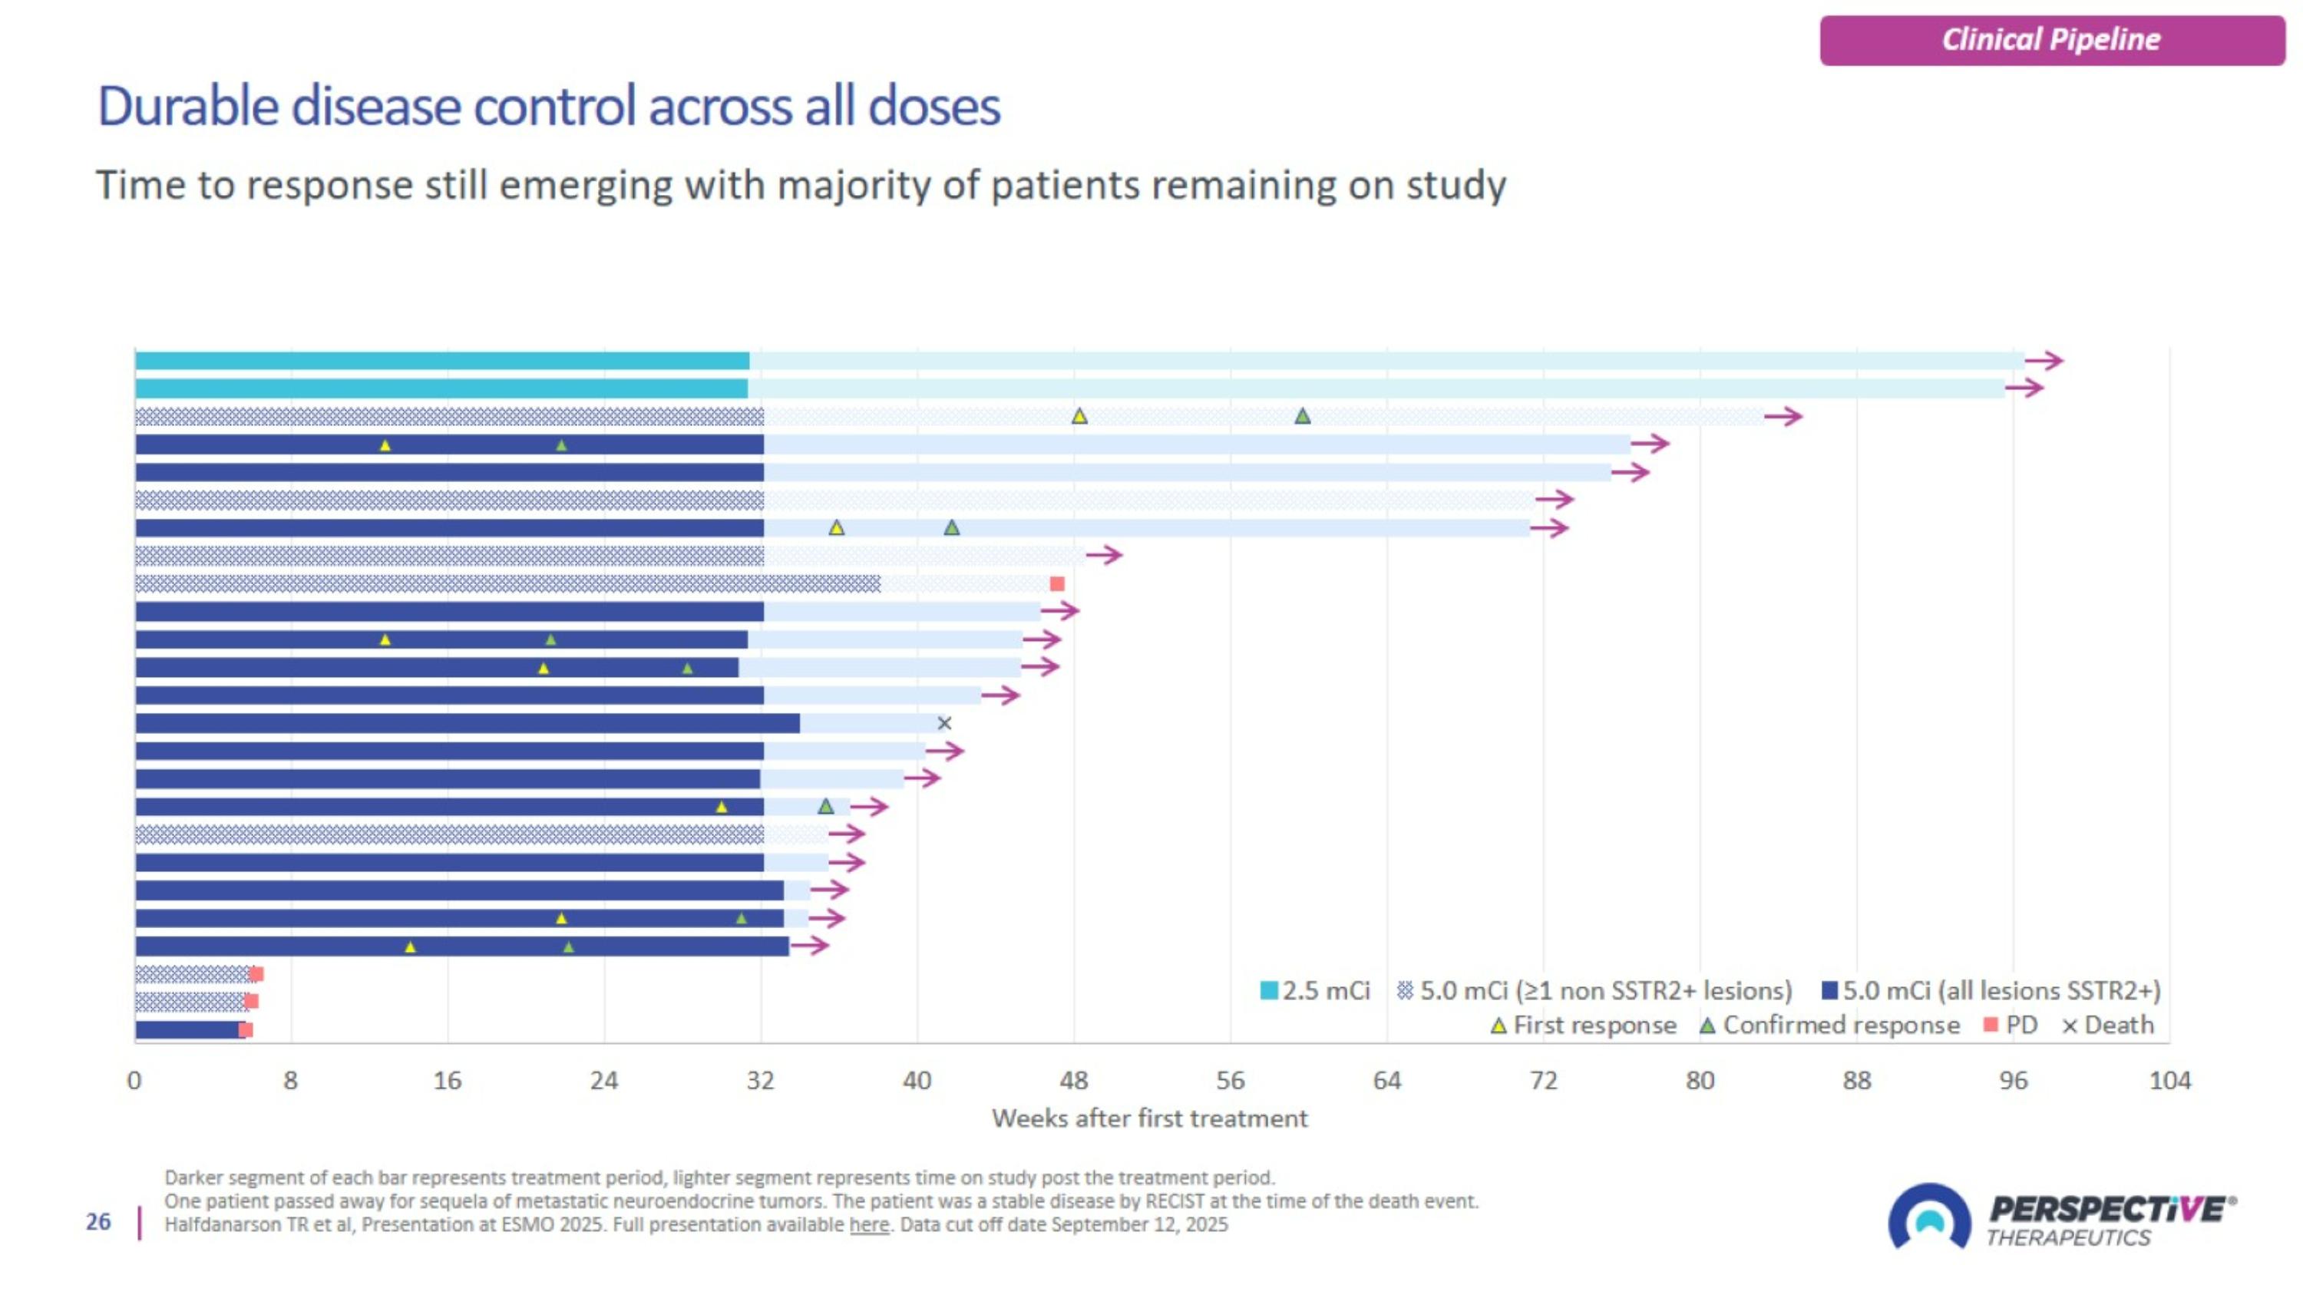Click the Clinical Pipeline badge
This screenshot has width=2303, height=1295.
(2051, 40)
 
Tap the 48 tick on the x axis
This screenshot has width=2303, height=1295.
(1074, 1081)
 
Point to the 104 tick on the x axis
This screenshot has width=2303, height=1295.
(2169, 1081)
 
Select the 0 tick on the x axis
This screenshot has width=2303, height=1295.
(134, 1081)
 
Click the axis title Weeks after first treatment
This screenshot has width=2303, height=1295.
(1149, 1118)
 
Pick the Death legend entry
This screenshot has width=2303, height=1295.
(2108, 1025)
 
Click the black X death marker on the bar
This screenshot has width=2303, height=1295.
(944, 723)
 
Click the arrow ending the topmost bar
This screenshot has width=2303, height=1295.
(2044, 361)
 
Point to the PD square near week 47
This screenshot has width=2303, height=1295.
(1057, 583)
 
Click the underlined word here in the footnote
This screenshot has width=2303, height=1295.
(869, 1224)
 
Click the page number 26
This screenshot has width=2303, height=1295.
(98, 1222)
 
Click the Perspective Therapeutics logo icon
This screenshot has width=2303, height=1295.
(1928, 1217)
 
